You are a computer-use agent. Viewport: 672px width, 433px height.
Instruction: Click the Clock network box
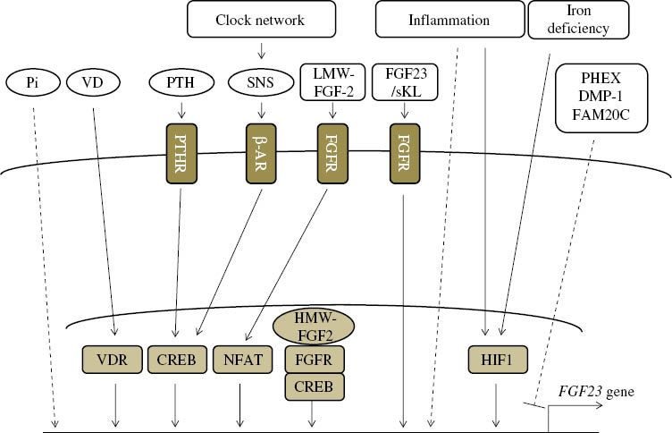(x=261, y=20)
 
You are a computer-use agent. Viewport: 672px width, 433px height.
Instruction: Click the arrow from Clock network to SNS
(x=260, y=48)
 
